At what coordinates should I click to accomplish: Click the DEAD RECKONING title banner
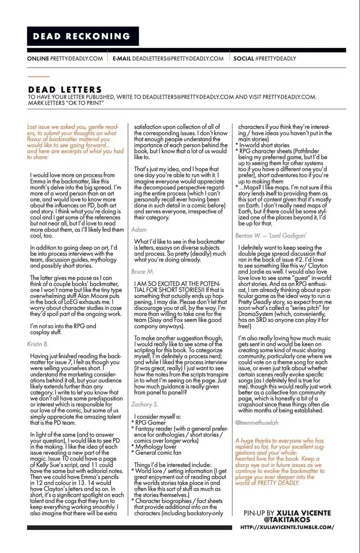tap(83, 36)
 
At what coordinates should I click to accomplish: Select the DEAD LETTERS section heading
tap(65, 90)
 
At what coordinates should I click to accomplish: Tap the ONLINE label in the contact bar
tap(38, 58)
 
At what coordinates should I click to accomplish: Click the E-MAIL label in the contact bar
tap(122, 58)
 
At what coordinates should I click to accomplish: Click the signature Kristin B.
tap(37, 344)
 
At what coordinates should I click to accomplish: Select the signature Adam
tap(138, 229)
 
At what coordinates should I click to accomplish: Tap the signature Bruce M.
tap(143, 271)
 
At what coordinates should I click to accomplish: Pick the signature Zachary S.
tap(144, 404)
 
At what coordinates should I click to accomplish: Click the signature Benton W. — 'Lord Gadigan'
tap(271, 235)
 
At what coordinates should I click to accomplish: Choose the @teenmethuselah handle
tap(257, 423)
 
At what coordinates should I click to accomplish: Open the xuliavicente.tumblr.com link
tap(287, 527)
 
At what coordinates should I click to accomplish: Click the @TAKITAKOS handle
tap(287, 520)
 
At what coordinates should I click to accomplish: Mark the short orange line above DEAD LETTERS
tap(39, 77)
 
